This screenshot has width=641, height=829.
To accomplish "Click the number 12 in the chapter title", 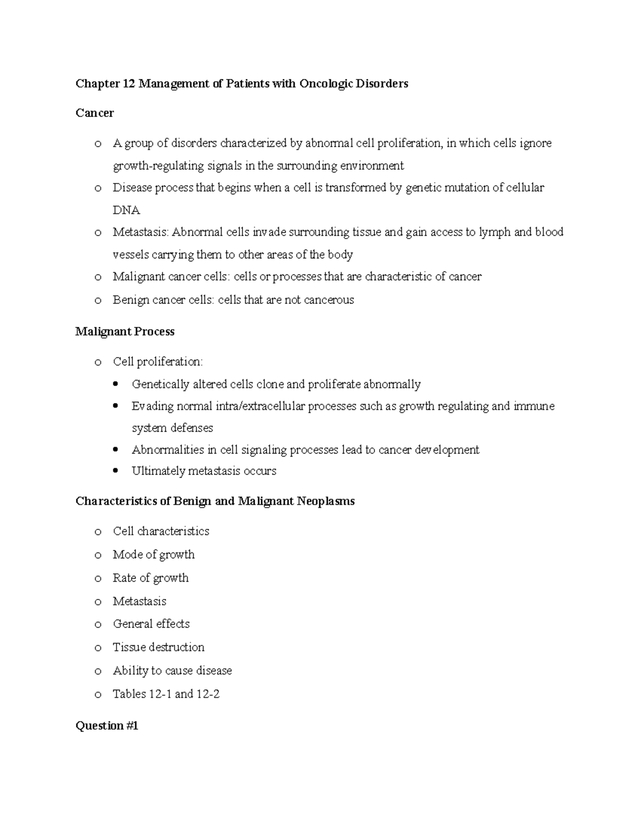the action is click(x=128, y=83).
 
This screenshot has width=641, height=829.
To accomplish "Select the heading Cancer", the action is click(x=95, y=113).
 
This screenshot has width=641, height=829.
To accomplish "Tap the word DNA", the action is click(x=126, y=210).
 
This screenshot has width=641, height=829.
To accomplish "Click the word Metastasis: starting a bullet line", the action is click(x=140, y=232).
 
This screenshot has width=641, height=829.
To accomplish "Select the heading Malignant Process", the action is click(x=125, y=331).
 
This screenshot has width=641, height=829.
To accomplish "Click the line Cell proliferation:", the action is click(x=158, y=362).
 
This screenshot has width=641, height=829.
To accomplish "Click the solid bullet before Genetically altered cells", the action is click(x=116, y=384).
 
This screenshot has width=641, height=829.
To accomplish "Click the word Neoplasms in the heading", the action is click(x=326, y=502).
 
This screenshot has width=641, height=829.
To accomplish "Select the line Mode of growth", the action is click(x=154, y=555).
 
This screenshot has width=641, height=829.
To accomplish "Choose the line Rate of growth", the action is click(x=151, y=578).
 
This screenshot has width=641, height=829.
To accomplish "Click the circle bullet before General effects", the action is click(x=97, y=625).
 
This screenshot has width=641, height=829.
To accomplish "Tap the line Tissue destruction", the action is click(x=159, y=648).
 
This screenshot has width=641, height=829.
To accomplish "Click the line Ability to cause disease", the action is click(x=173, y=670).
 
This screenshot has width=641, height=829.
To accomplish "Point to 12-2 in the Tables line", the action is click(x=208, y=694).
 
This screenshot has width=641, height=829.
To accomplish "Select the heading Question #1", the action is click(x=107, y=726).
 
